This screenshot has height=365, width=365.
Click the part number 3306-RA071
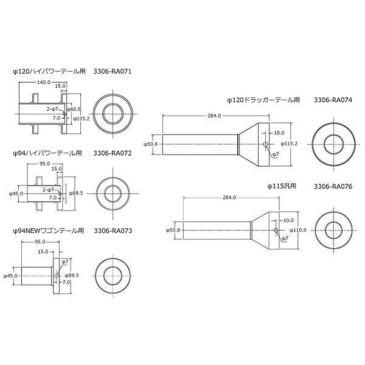[113, 71]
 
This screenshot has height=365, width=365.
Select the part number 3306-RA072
[113, 153]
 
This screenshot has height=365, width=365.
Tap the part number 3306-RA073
[113, 231]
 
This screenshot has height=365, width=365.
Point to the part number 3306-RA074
[333, 100]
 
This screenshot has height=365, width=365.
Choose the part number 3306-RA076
[333, 186]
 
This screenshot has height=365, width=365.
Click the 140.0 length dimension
[44, 82]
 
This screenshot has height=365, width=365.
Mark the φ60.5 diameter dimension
[74, 109]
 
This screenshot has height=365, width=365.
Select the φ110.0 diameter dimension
[298, 230]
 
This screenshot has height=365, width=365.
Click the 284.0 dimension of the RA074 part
[214, 116]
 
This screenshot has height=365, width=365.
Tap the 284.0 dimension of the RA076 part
[229, 197]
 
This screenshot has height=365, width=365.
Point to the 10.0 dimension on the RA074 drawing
[279, 133]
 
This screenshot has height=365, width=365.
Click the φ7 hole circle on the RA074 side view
[265, 144]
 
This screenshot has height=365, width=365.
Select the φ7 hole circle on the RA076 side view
[276, 230]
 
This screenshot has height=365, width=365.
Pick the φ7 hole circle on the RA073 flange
[57, 276]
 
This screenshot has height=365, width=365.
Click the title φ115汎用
[282, 186]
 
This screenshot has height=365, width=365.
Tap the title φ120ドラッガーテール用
[263, 100]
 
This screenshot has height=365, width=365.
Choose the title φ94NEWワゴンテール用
[49, 231]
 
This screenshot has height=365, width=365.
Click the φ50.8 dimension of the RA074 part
[150, 144]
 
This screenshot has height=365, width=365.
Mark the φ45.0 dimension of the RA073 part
[10, 276]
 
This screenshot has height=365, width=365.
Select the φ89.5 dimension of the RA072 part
[76, 193]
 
